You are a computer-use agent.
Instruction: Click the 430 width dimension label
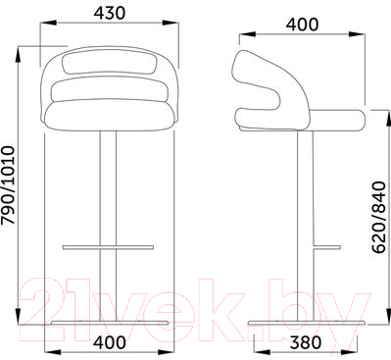(x=110, y=13)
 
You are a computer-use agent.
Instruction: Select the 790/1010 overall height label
(x=8, y=185)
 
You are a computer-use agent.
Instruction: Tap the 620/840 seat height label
(x=379, y=218)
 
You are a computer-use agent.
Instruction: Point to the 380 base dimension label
(x=306, y=342)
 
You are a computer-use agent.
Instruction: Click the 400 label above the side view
(x=302, y=25)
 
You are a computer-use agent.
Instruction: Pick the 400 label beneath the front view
(x=110, y=342)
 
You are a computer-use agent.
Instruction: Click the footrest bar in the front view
(x=108, y=247)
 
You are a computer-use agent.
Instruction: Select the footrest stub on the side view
(x=327, y=247)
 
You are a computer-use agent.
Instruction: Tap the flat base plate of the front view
(x=110, y=323)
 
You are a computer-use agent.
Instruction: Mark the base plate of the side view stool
(x=307, y=323)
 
